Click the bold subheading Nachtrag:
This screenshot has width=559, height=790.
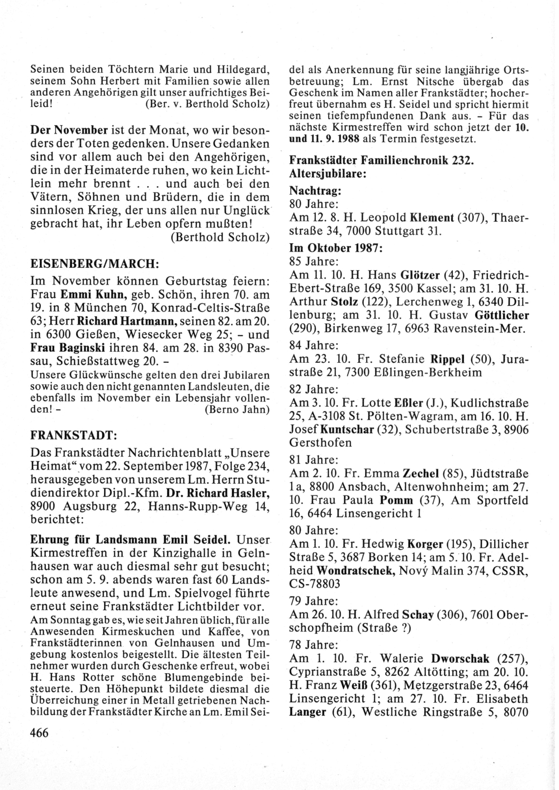point(315,190)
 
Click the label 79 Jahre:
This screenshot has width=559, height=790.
point(313,601)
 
